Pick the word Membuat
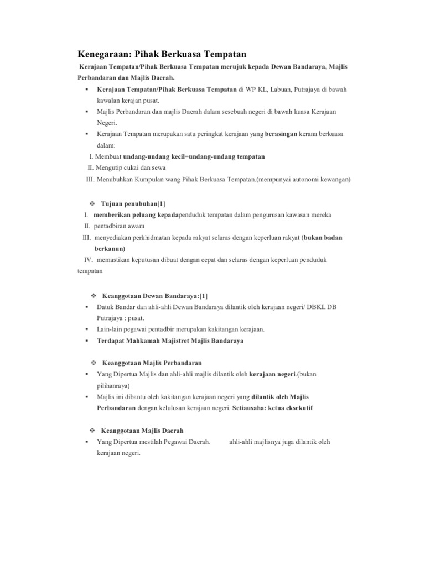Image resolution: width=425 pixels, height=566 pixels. click(x=109, y=156)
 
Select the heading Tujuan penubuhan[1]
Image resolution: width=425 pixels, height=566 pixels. click(x=127, y=203)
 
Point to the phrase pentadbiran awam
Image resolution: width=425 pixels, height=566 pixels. click(x=118, y=226)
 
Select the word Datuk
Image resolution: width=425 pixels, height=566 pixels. click(x=106, y=307)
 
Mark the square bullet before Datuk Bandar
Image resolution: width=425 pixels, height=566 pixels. click(x=87, y=307)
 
